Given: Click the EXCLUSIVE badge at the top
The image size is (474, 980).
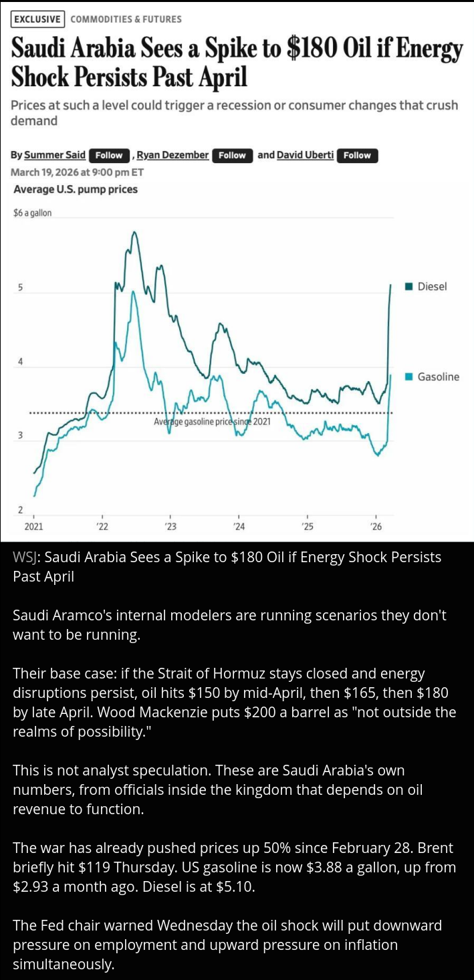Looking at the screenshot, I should point(38,19).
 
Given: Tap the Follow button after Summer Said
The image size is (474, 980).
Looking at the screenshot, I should point(109,156).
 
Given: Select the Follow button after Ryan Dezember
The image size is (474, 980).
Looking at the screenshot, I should point(232,156).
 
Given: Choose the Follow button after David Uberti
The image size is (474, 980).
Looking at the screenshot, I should point(357,156).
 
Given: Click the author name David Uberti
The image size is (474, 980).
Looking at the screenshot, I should point(305,155).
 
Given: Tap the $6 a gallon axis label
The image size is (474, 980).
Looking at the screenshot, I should point(32,213).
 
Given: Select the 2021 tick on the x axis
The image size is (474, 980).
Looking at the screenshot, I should point(33,527).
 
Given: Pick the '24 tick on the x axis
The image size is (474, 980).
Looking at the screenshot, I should point(239,527).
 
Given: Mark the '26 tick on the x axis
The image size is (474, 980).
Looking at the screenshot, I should point(376,527).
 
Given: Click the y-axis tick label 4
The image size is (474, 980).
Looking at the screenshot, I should point(20,362).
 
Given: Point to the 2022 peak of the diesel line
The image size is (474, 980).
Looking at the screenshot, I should point(134,233).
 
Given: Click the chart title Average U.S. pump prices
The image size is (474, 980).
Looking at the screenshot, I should point(76,189).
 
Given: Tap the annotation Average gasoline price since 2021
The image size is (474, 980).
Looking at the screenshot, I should point(212,422).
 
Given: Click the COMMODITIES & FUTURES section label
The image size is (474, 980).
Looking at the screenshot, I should point(126,19).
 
